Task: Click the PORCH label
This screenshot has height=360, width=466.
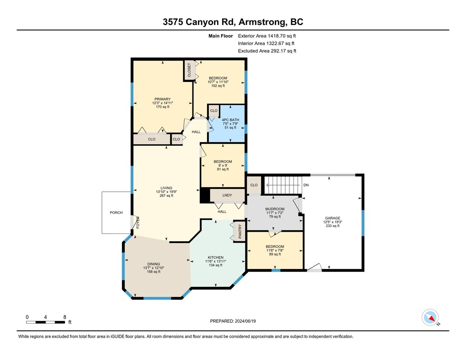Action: [116, 213]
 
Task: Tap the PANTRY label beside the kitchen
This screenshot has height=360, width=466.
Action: [240, 231]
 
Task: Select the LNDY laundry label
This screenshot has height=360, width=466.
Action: [227, 195]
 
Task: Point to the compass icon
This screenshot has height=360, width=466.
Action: [430, 317]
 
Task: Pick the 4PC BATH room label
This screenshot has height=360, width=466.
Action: [230, 120]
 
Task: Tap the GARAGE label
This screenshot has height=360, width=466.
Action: [333, 218]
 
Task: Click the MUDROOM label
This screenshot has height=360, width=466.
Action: [275, 209]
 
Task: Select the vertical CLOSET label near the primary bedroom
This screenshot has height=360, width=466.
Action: [189, 70]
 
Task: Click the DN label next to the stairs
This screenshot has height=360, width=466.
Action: [306, 185]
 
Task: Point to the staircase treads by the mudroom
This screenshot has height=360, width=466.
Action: [283, 185]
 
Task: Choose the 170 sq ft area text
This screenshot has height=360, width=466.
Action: [162, 106]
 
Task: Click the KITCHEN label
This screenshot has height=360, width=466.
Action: [215, 258]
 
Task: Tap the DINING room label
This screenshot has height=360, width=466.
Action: [154, 264]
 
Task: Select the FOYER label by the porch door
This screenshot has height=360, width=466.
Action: [138, 223]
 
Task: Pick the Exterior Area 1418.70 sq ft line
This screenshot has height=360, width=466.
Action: [267, 36]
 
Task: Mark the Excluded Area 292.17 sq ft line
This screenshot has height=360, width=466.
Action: [267, 51]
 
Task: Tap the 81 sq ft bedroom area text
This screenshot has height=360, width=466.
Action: [223, 169]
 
